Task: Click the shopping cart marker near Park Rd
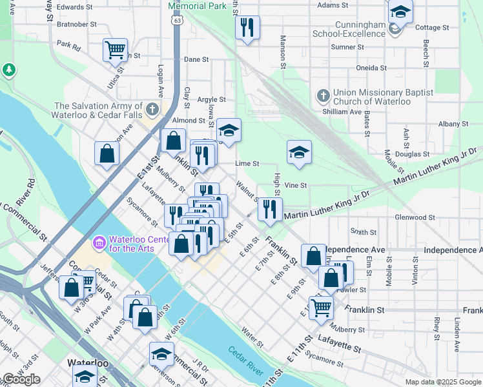point(115,49)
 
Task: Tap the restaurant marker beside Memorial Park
point(247,28)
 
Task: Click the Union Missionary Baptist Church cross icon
point(324,97)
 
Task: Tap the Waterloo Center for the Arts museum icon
point(99,243)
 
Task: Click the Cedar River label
point(246,361)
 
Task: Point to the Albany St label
point(453,124)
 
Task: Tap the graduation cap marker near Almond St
point(229,131)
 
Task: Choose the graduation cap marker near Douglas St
point(299,153)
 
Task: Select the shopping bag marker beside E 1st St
point(107,154)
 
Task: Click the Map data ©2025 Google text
point(442,382)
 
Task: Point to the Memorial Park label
point(198,6)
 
